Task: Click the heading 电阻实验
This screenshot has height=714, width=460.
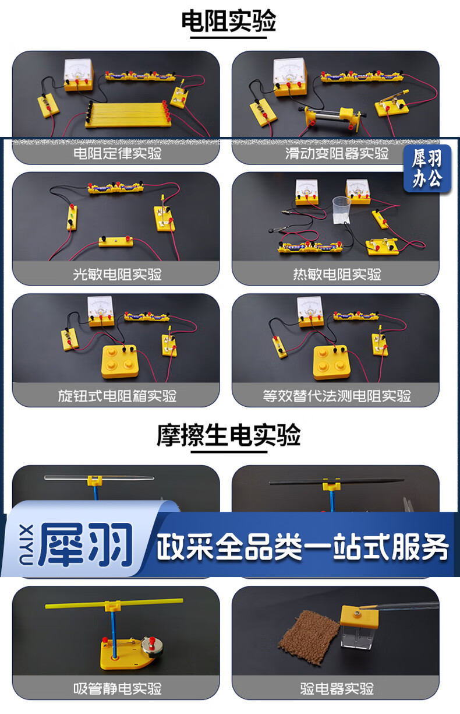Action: (x=229, y=21)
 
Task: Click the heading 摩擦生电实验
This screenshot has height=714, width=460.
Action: (x=229, y=435)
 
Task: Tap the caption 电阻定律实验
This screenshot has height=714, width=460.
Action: (x=118, y=153)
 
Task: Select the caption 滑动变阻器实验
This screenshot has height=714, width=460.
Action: (x=337, y=153)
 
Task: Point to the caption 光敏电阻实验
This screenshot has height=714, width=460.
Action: (x=117, y=274)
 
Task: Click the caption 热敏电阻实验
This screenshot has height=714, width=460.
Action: (x=337, y=274)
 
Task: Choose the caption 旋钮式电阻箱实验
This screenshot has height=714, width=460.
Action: (x=117, y=396)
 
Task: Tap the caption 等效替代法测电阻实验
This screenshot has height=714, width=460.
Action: (x=337, y=396)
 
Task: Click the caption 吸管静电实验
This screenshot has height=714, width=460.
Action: (x=118, y=688)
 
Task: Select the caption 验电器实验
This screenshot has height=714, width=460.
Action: (x=337, y=688)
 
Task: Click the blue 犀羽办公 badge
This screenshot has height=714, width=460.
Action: (x=427, y=168)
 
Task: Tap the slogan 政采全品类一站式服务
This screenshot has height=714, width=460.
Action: (x=302, y=546)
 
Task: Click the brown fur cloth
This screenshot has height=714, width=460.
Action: (x=309, y=638)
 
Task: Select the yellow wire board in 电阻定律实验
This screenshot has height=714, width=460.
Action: (x=127, y=115)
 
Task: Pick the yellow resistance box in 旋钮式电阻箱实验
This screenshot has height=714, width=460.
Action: (x=120, y=361)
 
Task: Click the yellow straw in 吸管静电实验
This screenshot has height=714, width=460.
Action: (x=114, y=603)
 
